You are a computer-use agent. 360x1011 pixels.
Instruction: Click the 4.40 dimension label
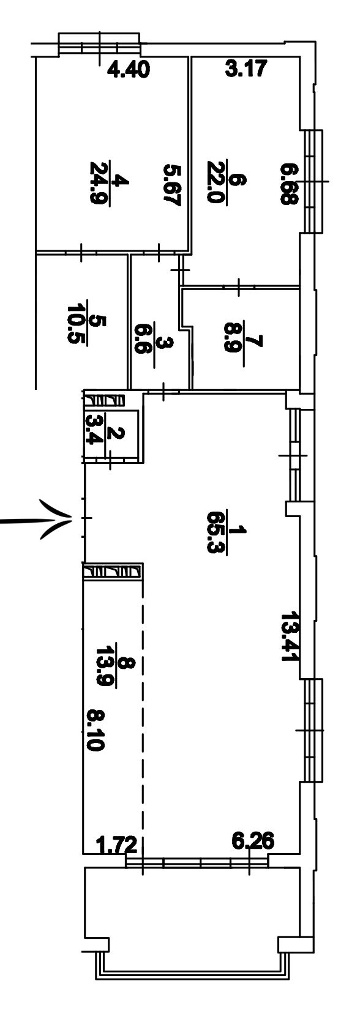click(129, 70)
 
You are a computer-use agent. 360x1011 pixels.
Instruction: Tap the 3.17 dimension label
click(247, 69)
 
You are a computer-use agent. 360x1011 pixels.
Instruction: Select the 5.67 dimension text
click(172, 185)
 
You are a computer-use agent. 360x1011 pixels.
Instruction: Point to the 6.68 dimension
click(288, 185)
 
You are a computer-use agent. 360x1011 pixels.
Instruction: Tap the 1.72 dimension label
click(117, 845)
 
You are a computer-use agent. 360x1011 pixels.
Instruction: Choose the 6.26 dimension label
click(252, 840)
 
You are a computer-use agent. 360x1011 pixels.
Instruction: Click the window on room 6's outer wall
click(314, 181)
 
